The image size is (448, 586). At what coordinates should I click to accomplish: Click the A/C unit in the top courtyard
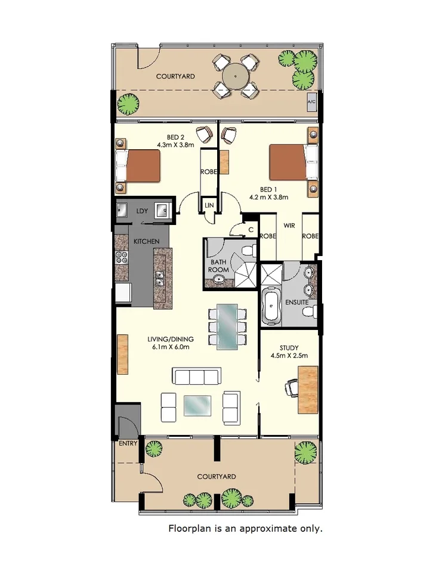(311, 102)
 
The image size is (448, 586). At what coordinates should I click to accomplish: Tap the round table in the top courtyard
(236, 76)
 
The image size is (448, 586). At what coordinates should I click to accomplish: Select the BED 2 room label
(167, 137)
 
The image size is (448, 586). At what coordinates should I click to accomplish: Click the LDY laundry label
(142, 211)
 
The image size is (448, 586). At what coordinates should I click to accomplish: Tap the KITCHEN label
(146, 241)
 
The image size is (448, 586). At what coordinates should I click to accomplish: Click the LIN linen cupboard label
(209, 205)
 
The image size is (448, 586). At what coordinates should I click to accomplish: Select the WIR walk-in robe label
(289, 226)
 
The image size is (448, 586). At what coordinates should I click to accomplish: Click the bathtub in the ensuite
(271, 306)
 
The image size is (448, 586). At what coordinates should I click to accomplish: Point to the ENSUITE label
(297, 303)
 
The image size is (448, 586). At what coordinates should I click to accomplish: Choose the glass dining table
(227, 326)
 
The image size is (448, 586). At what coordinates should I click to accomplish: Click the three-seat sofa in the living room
(197, 376)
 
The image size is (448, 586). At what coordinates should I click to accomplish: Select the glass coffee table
(197, 406)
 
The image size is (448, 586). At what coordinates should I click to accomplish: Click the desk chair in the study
(291, 388)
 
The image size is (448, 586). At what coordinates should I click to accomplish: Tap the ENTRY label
(128, 443)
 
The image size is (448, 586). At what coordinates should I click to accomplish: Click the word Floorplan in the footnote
(189, 529)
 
